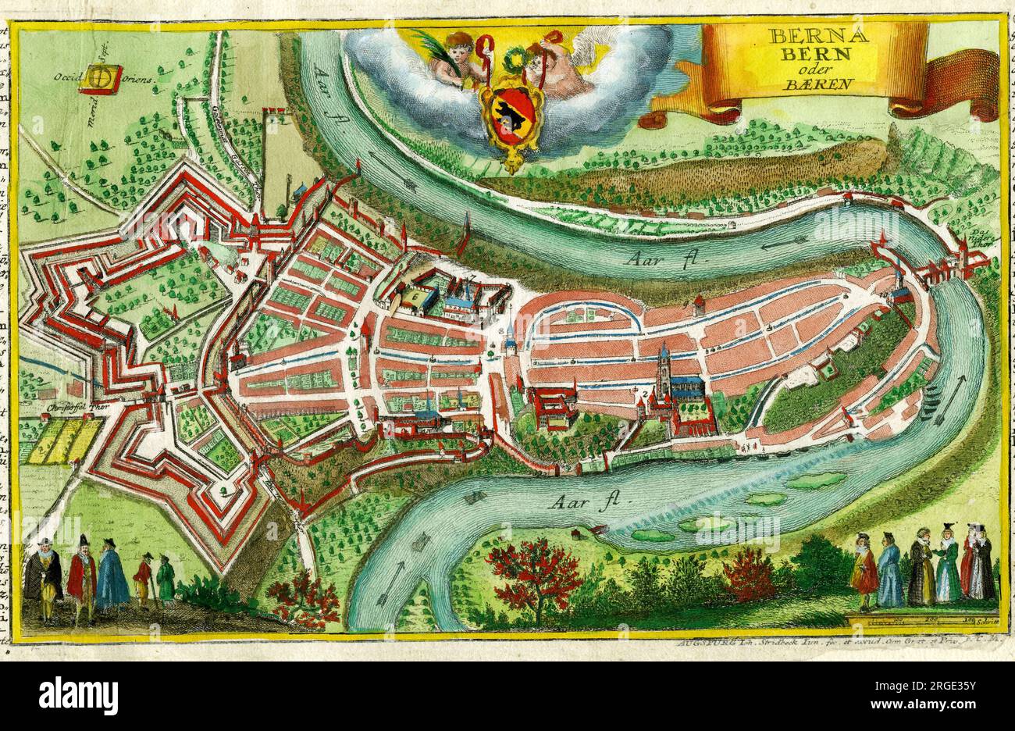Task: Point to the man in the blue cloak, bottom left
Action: (x=112, y=578)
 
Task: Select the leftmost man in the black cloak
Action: (x=42, y=579)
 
